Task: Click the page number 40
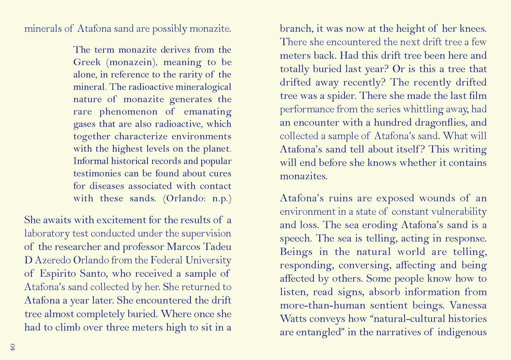[x=13, y=347]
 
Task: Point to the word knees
[x=473, y=29]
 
